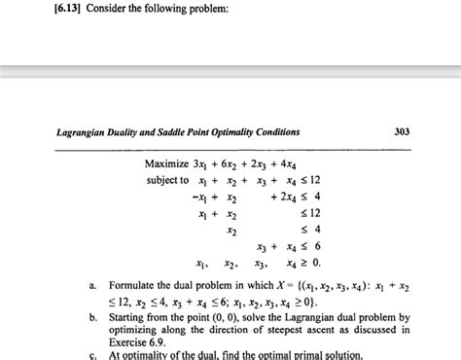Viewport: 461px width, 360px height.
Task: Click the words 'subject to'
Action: (168, 180)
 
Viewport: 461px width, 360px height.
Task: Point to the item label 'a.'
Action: (91, 285)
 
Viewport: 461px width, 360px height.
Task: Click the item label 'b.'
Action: (91, 317)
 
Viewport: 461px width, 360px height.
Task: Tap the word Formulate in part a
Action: (136, 285)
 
